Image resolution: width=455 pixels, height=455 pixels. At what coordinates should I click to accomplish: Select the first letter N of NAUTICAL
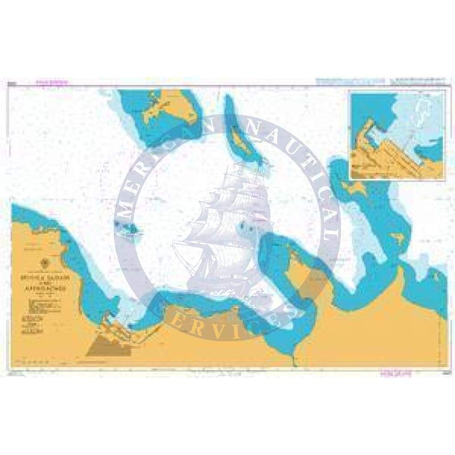(x=249, y=127)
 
